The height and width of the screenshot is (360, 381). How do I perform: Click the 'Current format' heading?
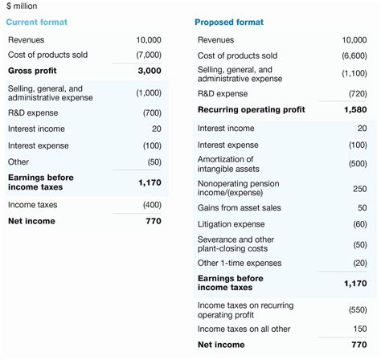click(x=37, y=22)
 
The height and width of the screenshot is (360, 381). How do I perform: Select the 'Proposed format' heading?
click(x=229, y=22)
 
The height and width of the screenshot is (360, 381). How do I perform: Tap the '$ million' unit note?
click(x=24, y=6)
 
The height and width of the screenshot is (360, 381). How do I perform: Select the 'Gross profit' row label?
click(x=31, y=71)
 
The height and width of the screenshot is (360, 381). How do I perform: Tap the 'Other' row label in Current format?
click(x=19, y=162)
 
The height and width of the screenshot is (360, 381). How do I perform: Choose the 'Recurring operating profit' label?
click(x=250, y=109)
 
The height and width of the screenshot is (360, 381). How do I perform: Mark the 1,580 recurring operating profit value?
click(x=354, y=109)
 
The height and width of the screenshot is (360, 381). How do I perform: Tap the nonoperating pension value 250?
click(x=358, y=188)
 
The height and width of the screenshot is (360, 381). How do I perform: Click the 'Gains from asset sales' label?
click(x=239, y=207)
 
